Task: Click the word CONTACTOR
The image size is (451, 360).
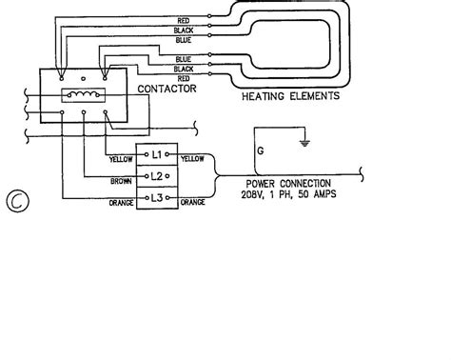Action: pyautogui.click(x=167, y=89)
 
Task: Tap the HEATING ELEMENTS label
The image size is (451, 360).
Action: pyautogui.click(x=290, y=96)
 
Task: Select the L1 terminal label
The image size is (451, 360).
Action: pyautogui.click(x=157, y=154)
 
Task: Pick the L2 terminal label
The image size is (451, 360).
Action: pyautogui.click(x=156, y=176)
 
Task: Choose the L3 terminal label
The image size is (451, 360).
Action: pyautogui.click(x=157, y=198)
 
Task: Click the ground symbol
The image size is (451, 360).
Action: pyautogui.click(x=304, y=143)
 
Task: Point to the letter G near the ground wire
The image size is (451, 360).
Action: pyautogui.click(x=261, y=150)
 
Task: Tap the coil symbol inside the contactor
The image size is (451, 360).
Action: pyautogui.click(x=83, y=94)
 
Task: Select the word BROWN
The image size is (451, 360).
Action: pyautogui.click(x=121, y=181)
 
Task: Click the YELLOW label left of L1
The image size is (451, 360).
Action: pyautogui.click(x=121, y=159)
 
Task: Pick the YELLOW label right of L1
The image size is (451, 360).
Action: pyautogui.click(x=192, y=159)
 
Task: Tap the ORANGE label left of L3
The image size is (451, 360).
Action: pyautogui.click(x=121, y=203)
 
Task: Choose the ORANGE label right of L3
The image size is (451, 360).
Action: pyautogui.click(x=192, y=202)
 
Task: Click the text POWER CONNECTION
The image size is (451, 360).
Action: pyautogui.click(x=288, y=184)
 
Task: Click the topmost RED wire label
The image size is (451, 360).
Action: pyautogui.click(x=184, y=21)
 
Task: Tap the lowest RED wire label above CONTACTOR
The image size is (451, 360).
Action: pyautogui.click(x=184, y=78)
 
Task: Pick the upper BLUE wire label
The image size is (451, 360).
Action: pyautogui.click(x=184, y=40)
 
